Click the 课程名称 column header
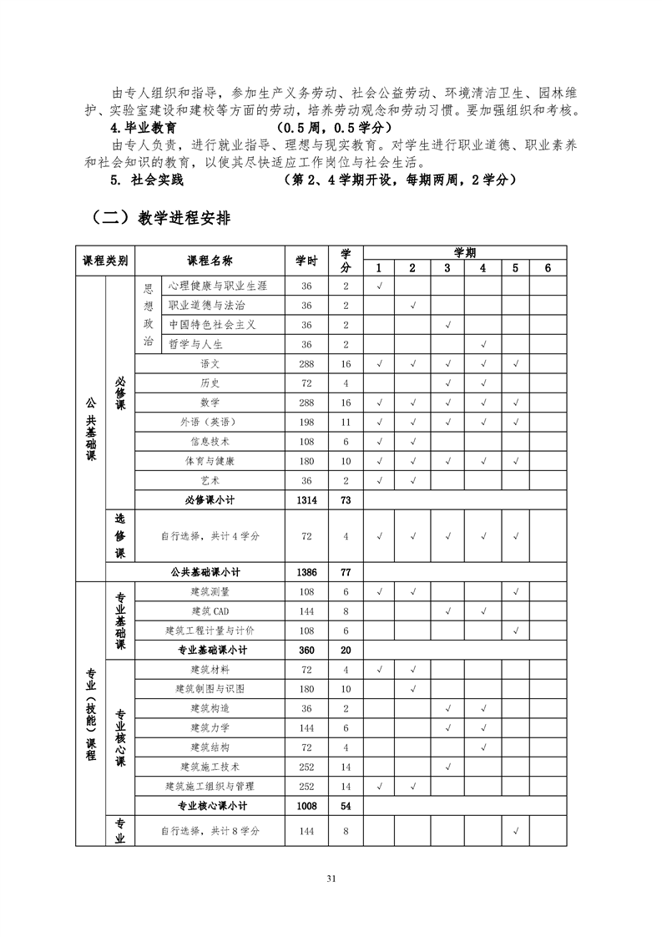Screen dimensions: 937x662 pyautogui.click(x=210, y=261)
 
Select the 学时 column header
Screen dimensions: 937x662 pyautogui.click(x=306, y=261)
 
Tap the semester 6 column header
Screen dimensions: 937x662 pyautogui.click(x=548, y=268)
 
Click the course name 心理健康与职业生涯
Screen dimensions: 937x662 pyautogui.click(x=217, y=286)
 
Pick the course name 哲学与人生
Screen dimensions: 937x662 pyautogui.click(x=196, y=344)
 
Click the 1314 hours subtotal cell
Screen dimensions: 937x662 pyautogui.click(x=306, y=500)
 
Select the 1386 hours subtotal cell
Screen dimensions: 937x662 pyautogui.click(x=306, y=572)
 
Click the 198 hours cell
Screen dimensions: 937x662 pyautogui.click(x=306, y=423)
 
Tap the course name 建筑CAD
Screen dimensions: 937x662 pyautogui.click(x=210, y=611)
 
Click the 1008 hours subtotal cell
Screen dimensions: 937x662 pyautogui.click(x=306, y=806)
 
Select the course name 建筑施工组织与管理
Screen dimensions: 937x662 pyautogui.click(x=210, y=787)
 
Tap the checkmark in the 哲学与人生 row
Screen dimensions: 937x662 pyautogui.click(x=483, y=344)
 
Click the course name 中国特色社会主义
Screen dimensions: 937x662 pyautogui.click(x=212, y=325)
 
